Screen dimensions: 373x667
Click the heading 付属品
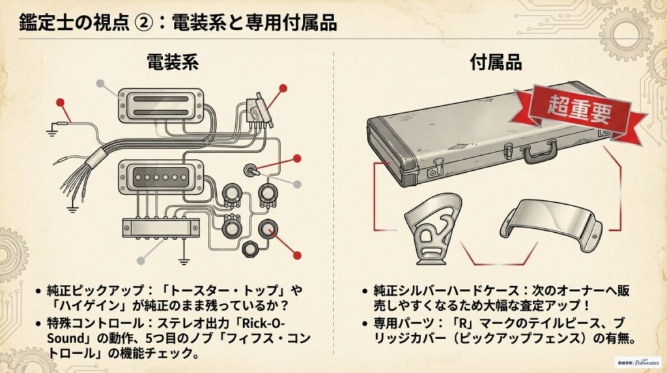(x=497, y=63)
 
